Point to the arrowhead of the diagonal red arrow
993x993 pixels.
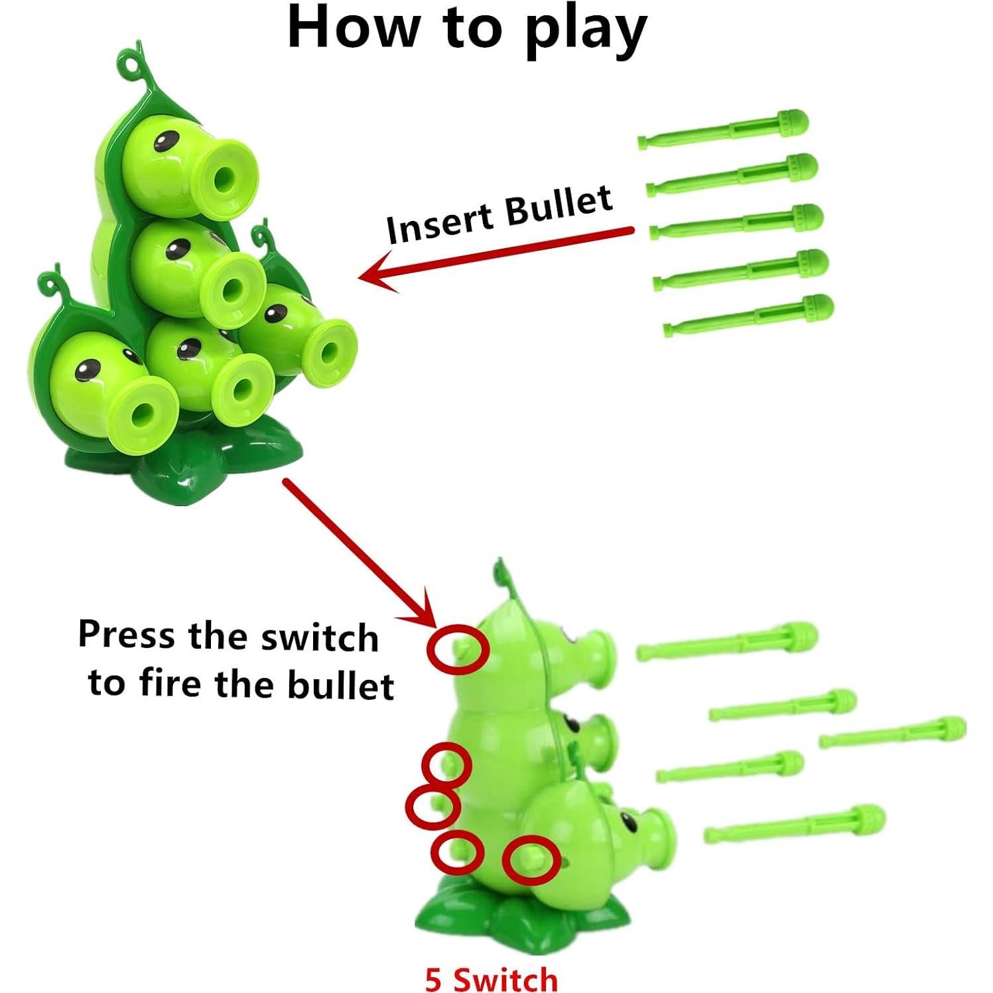[x=425, y=614]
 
